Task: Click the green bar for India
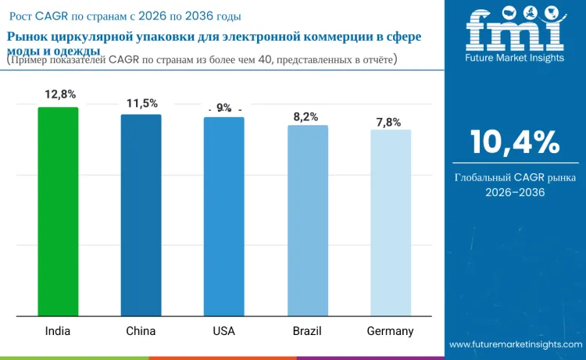[x=58, y=212]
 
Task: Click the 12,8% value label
[x=60, y=94]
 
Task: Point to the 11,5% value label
[x=142, y=103]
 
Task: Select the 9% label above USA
[x=224, y=108]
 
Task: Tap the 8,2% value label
[x=306, y=116]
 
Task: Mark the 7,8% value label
[x=388, y=122]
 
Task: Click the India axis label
[x=58, y=331]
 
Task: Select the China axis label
[x=141, y=331]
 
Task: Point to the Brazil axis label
[x=307, y=331]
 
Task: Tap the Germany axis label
[x=390, y=331]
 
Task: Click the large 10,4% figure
[x=514, y=143]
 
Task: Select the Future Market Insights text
[x=514, y=58]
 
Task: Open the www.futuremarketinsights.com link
[x=516, y=344]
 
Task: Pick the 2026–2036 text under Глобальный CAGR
[x=514, y=192]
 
